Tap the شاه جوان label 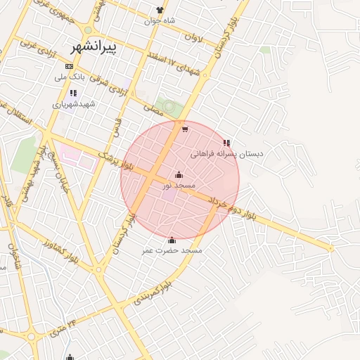pos(160,21)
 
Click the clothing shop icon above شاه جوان pos(160,10)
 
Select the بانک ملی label pos(70,76)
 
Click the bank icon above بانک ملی pos(68,65)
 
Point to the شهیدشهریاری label pos(72,104)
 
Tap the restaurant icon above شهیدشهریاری pos(72,93)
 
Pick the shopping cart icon pos(184,129)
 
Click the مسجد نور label pos(179,185)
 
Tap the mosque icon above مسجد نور pos(179,174)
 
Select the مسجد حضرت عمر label pos(172,250)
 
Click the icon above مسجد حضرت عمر pos(172,240)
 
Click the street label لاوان pos(194,37)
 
